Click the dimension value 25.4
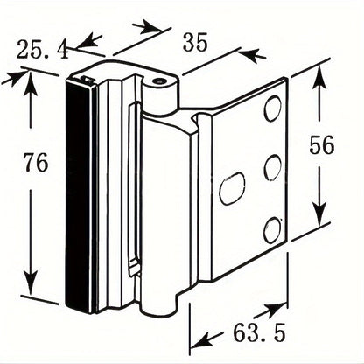point(43,50)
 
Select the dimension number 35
point(195,42)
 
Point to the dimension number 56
point(321,145)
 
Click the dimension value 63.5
point(259,332)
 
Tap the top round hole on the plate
point(273,108)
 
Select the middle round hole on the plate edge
point(272,167)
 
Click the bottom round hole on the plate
point(272,230)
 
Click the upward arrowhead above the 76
point(30,83)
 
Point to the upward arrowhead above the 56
point(319,76)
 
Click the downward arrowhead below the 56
point(319,212)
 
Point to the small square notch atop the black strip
point(87,79)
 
